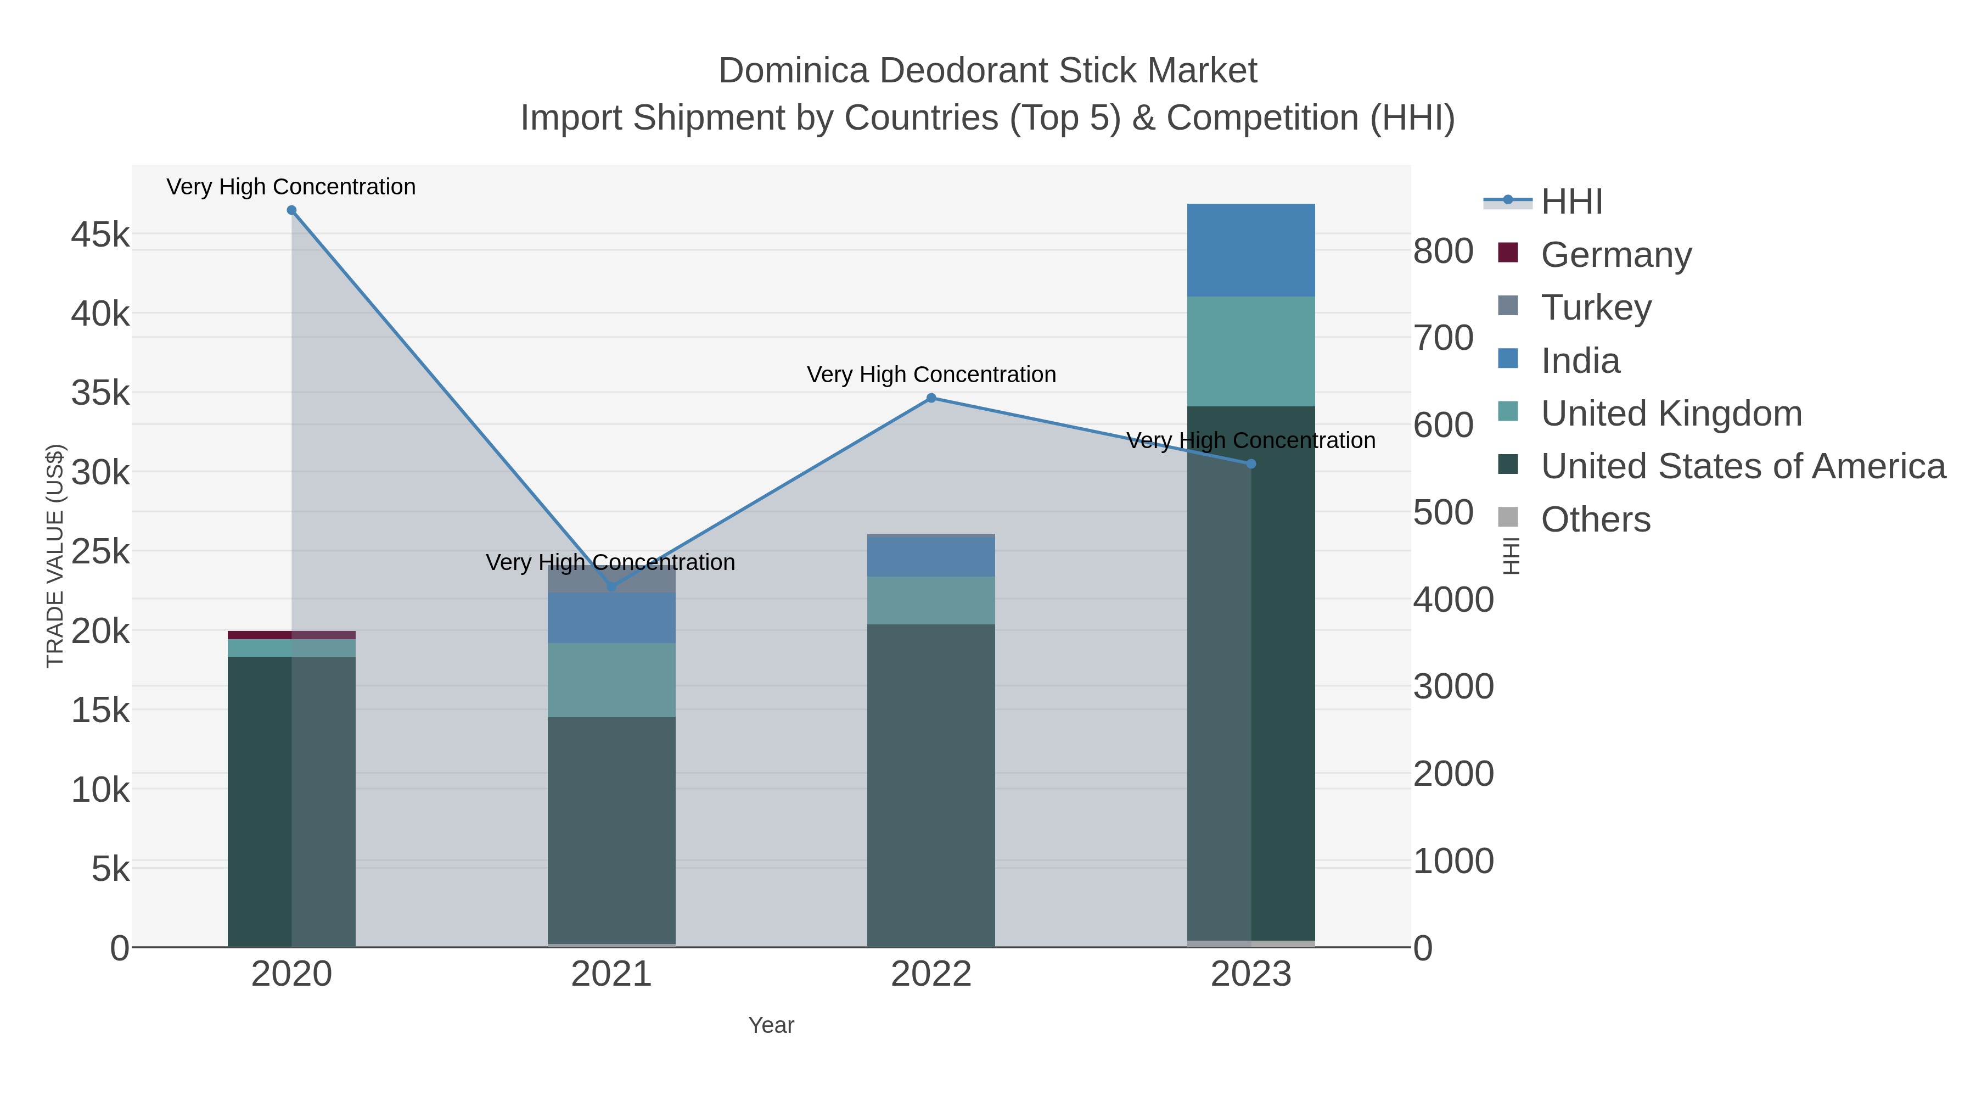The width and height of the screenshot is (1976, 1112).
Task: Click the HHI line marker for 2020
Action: point(291,210)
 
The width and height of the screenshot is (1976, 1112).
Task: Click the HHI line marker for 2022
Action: point(931,398)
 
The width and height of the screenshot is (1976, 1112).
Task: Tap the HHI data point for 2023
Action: point(1251,463)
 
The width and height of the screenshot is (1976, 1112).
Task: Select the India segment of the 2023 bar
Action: point(1251,250)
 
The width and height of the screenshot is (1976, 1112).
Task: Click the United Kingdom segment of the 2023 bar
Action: point(1251,351)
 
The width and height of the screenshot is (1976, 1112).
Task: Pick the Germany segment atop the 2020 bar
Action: point(291,635)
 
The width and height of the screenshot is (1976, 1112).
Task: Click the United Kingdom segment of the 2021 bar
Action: point(611,680)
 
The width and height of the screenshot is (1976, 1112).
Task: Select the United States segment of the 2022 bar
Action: point(931,783)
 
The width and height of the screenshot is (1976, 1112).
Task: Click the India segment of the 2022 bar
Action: point(931,556)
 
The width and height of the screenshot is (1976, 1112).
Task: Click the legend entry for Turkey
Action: point(1596,308)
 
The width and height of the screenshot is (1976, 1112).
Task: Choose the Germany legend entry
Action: point(1615,255)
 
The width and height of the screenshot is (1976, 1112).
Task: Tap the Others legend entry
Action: point(1596,519)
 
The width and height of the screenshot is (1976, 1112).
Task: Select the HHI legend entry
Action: point(1571,202)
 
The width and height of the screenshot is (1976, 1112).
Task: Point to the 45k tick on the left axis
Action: point(100,235)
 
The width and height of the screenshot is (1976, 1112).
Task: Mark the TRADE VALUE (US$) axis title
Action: point(55,556)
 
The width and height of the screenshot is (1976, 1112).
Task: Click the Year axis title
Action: point(771,1025)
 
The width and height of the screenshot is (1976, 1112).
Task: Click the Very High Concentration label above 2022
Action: point(931,375)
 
